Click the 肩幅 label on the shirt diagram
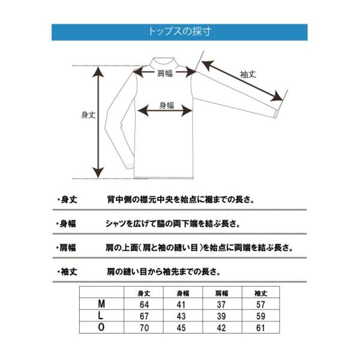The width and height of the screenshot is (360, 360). click(165, 74)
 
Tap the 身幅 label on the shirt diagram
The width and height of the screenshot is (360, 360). click(166, 106)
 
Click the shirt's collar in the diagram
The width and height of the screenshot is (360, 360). click(164, 62)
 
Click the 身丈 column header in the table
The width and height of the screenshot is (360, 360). click(144, 293)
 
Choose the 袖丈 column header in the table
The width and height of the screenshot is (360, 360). click(260, 293)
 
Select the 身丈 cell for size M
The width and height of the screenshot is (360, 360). click(144, 304)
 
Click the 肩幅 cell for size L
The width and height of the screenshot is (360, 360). click(221, 316)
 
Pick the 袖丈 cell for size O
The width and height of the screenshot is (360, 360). click(260, 327)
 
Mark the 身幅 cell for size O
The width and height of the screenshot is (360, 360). click(182, 327)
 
